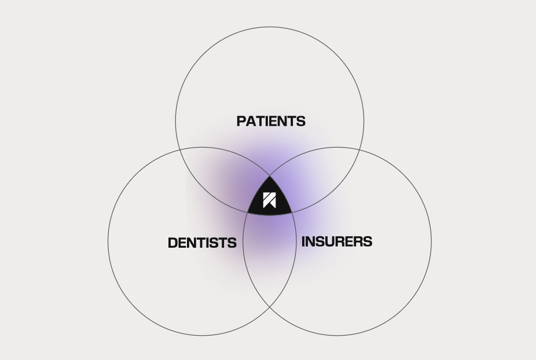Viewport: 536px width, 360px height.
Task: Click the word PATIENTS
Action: click(271, 122)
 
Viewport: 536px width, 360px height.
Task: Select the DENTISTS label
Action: click(202, 243)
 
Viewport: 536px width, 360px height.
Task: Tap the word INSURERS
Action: click(337, 241)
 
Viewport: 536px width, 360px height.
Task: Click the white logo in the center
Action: click(269, 200)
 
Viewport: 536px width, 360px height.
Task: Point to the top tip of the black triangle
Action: click(270, 176)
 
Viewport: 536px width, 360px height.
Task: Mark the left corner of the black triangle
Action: click(248, 213)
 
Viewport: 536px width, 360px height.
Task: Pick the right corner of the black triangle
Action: click(292, 213)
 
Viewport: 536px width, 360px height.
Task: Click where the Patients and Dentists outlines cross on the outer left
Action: click(180, 150)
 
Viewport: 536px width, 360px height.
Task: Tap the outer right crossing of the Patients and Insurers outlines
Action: click(359, 150)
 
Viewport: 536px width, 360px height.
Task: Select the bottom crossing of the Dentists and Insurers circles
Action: click(270, 307)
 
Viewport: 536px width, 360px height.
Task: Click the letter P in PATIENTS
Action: click(241, 122)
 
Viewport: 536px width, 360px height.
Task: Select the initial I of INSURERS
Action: click(303, 241)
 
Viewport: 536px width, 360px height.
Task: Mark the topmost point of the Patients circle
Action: click(270, 27)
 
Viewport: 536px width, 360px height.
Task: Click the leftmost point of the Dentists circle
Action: click(108, 241)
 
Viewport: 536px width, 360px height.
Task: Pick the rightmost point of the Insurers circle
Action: click(431, 241)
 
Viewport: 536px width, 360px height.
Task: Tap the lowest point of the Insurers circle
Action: click(337, 335)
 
